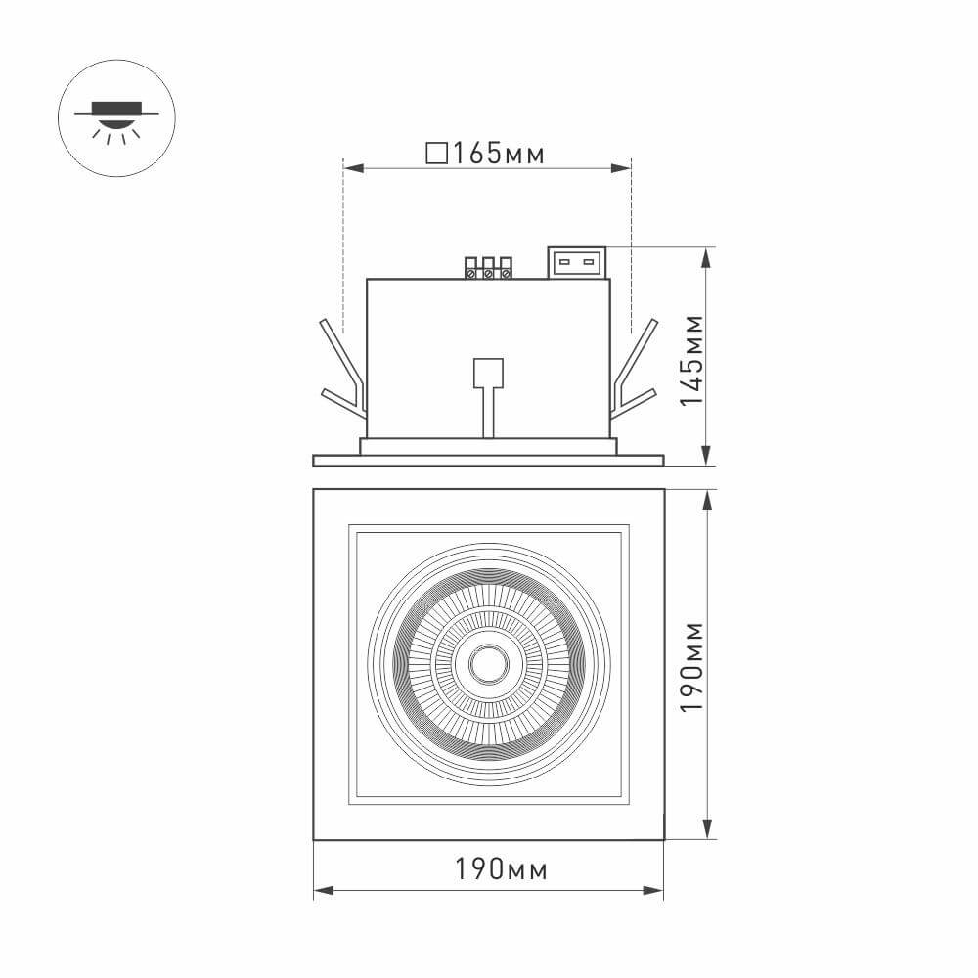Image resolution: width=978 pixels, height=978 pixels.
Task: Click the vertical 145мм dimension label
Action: [691, 359]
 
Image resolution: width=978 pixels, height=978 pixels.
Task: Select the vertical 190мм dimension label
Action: [691, 665]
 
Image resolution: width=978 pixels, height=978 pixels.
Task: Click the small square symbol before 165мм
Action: [437, 154]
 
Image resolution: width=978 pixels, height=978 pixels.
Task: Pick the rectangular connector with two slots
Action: [576, 262]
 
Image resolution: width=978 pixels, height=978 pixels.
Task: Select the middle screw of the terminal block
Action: [488, 273]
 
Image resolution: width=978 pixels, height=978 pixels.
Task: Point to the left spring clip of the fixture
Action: [341, 372]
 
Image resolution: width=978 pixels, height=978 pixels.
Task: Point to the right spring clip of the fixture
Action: [636, 372]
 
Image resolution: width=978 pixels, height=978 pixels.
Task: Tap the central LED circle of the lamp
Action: [488, 663]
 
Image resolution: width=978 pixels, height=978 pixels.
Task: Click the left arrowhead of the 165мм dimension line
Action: [351, 169]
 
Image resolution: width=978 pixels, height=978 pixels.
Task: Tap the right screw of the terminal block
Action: [506, 273]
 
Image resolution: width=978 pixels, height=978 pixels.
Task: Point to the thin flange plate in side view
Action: [488, 460]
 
